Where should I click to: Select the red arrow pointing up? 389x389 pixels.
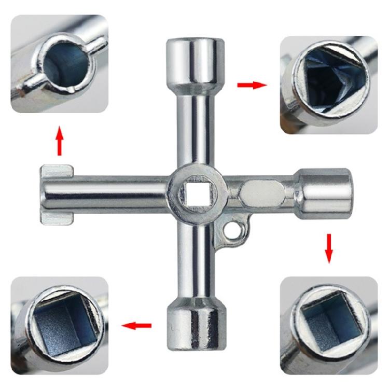pos(60,140)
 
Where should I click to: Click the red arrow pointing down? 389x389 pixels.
pos(329,248)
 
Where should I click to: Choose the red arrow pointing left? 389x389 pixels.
pos(136,325)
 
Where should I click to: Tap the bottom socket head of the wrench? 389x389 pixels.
pos(195,329)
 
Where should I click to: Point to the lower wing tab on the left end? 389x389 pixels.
pos(55,216)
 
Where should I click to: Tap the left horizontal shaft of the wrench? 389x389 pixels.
pos(119,193)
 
